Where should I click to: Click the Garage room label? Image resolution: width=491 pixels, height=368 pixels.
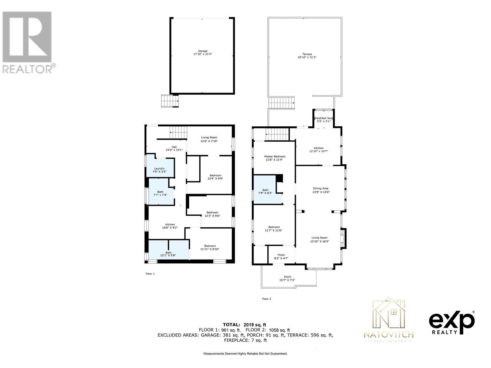point(203,51)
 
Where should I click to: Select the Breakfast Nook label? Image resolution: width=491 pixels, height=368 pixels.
point(324,118)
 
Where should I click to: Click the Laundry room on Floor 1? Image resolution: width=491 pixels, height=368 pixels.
point(160,169)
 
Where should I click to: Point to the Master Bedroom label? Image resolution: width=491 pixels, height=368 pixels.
point(275,156)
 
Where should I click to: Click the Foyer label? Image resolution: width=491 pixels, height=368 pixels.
point(281,255)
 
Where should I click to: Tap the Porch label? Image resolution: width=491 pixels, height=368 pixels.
point(287,277)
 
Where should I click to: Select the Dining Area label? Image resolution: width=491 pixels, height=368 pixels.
point(321,189)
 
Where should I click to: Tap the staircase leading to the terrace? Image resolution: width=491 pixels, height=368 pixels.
point(281,103)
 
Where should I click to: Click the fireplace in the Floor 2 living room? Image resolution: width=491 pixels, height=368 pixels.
point(344,238)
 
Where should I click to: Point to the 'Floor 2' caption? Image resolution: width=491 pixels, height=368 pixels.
point(266,299)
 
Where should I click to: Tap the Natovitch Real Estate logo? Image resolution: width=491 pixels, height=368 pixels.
point(389,320)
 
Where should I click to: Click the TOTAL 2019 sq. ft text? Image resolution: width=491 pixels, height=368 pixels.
point(244,324)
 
